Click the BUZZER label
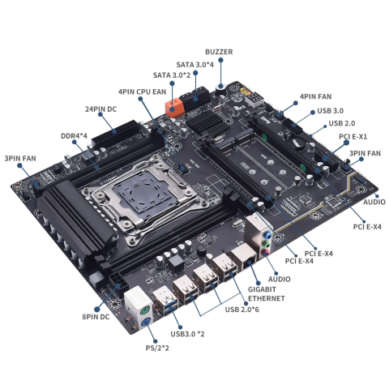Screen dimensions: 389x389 pyautogui.click(x=219, y=52)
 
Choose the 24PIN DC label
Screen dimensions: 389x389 pyautogui.click(x=100, y=108)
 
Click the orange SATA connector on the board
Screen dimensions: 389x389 pyautogui.click(x=173, y=106)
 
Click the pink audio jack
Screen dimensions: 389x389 pyautogui.click(x=267, y=250)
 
